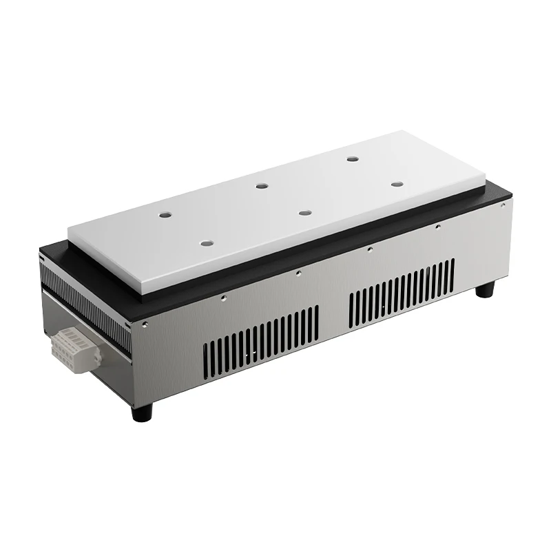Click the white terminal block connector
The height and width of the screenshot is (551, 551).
(x=74, y=349)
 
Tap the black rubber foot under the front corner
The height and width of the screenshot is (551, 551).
(x=142, y=411)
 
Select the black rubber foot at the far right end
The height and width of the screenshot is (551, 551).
(x=486, y=288)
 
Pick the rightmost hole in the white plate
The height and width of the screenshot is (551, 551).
(x=397, y=184)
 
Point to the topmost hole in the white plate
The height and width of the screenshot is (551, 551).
(x=353, y=159)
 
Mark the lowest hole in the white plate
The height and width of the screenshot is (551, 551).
(x=206, y=242)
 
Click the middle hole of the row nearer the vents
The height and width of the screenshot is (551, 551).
(x=304, y=212)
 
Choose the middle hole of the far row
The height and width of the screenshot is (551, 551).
(x=261, y=185)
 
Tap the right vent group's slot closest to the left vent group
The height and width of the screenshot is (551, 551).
(x=351, y=308)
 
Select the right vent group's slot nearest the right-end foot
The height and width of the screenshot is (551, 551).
(x=452, y=273)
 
